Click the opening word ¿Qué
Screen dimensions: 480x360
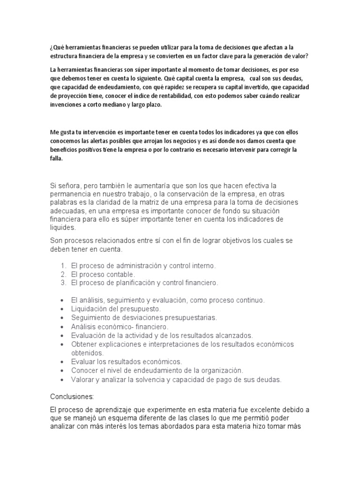(56, 47)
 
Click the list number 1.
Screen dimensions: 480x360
(63, 266)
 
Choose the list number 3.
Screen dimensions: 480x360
(63, 283)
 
